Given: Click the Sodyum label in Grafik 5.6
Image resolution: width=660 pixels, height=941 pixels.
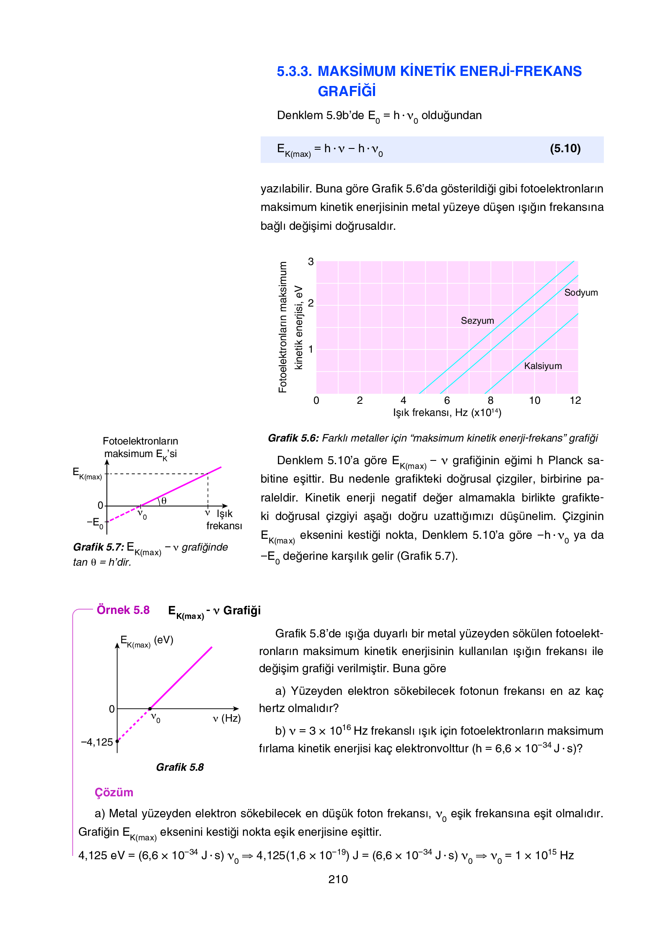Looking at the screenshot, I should (580, 293).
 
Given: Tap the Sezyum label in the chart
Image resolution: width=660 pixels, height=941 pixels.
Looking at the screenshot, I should (477, 321).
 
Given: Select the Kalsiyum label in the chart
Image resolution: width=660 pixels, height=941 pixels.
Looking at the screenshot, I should (543, 366).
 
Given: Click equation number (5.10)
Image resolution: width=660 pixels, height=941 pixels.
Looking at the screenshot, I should (565, 148).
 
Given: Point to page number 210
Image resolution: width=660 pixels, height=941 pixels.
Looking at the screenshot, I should (338, 879).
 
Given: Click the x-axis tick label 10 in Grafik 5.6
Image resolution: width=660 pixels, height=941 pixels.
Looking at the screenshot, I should (534, 400).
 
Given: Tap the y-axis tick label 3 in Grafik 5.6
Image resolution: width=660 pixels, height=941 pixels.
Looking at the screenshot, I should (311, 262).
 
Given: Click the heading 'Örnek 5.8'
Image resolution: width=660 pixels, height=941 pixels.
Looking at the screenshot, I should (123, 610).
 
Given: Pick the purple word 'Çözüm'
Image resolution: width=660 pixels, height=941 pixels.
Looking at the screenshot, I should (114, 793).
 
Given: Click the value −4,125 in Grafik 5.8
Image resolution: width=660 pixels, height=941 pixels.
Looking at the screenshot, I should (97, 742).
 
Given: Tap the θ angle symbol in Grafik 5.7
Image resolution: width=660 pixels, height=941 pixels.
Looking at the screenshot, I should (164, 501).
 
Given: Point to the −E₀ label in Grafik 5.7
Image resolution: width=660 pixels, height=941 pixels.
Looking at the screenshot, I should (95, 523).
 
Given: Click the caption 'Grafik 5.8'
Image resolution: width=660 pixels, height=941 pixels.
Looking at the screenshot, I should (180, 767).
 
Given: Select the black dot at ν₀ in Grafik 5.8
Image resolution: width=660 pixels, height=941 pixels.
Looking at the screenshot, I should (150, 709).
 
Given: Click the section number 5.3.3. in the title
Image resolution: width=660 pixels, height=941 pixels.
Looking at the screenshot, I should (294, 71).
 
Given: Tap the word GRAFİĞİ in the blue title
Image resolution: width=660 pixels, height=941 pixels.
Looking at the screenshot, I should (347, 91).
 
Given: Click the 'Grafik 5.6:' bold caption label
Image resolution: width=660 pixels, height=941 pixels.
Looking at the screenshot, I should (293, 438).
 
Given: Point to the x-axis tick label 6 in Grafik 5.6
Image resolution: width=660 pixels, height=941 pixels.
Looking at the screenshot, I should (447, 400).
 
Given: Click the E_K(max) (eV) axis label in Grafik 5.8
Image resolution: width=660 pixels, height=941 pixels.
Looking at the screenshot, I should (147, 640).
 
